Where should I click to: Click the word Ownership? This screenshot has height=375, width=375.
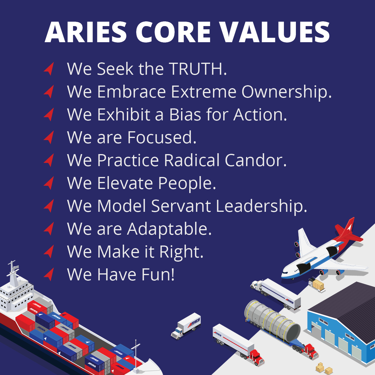[x=287, y=92]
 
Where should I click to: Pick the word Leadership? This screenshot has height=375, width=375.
[x=261, y=206]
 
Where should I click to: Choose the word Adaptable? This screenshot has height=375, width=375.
[x=169, y=229]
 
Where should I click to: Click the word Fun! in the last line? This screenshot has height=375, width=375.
[x=158, y=275]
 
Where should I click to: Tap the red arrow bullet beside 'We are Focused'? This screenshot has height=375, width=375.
[x=49, y=137]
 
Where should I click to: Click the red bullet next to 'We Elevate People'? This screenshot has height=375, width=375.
[x=49, y=183]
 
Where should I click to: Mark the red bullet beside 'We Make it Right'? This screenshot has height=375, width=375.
[x=49, y=252]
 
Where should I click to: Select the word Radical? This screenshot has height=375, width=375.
[x=192, y=161]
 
